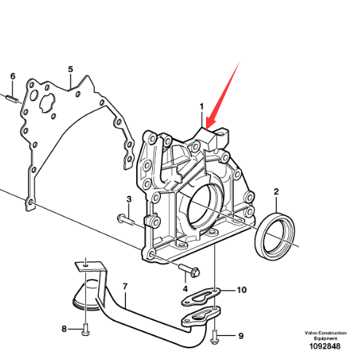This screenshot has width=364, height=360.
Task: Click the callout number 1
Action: tap(202, 106)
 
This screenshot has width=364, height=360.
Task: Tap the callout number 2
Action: tap(276, 192)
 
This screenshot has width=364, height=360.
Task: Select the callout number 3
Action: tap(129, 199)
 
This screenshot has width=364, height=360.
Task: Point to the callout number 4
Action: tap(185, 289)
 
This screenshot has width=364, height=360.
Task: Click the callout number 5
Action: tap(71, 69)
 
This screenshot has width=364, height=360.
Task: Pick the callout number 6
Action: tap(12, 76)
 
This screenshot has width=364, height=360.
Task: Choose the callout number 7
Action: tap(125, 287)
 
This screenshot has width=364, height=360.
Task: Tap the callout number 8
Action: tap(64, 329)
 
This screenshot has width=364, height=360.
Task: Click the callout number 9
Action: tap(241, 336)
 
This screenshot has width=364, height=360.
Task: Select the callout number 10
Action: tap(242, 289)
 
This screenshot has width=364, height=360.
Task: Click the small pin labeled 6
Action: tap(12, 98)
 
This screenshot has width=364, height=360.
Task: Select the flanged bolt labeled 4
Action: tap(189, 270)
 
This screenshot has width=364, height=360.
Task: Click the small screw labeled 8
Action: tap(86, 329)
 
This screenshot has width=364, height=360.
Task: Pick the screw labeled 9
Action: tap(215, 337)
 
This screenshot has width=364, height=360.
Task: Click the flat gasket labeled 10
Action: tap(201, 296)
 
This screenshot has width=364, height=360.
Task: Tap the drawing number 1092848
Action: tap(325, 346)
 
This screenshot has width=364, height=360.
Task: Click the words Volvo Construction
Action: tap(325, 333)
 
